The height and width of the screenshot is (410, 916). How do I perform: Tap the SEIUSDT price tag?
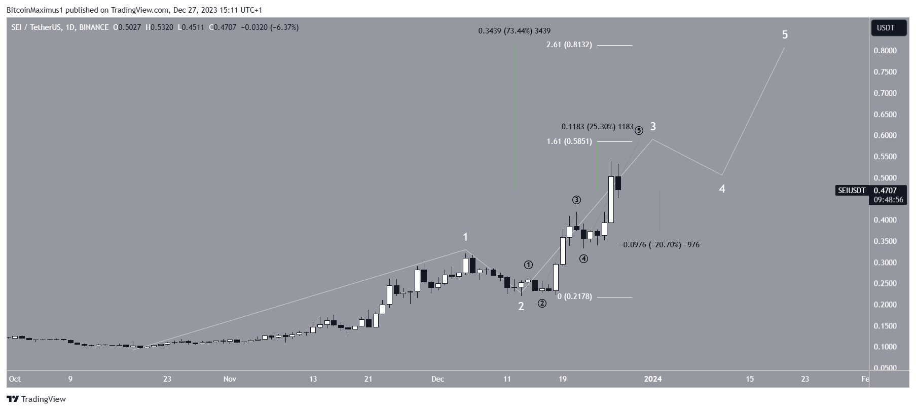[x=852, y=191]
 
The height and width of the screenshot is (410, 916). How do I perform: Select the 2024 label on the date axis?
[x=652, y=379]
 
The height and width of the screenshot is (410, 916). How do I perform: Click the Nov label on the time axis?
[x=230, y=379]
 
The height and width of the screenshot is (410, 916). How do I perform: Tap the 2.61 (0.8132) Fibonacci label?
[x=569, y=45]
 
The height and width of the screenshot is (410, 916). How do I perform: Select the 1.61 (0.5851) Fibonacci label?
[x=569, y=141]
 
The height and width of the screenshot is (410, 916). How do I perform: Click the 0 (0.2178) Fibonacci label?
[x=574, y=296]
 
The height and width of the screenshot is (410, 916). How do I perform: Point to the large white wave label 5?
[x=785, y=35]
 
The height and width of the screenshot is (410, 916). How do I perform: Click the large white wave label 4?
[x=722, y=189]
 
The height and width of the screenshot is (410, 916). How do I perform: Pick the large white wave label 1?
[x=465, y=237]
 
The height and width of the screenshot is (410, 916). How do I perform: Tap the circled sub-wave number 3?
[x=576, y=200]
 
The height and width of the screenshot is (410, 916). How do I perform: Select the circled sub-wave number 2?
[x=542, y=304]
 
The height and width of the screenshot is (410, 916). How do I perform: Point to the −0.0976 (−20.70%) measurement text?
[x=659, y=245]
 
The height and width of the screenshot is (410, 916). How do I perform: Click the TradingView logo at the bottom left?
[x=36, y=399]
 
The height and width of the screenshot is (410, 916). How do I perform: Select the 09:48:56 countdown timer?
[x=888, y=200]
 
